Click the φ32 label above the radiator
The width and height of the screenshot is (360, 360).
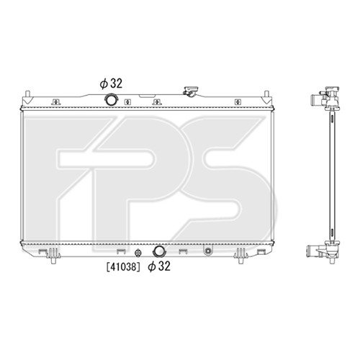[x=111, y=84]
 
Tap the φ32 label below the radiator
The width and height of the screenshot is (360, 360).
[x=159, y=266]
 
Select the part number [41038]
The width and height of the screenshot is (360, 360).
[x=123, y=266]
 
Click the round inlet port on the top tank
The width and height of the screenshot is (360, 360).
[x=111, y=100]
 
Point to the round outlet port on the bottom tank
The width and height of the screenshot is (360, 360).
[x=158, y=251]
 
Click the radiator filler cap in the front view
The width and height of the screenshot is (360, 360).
[x=190, y=91]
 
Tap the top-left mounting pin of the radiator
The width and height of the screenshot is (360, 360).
[x=27, y=94]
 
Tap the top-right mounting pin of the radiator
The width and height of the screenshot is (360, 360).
[x=266, y=94]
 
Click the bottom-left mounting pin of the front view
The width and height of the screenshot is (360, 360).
[x=53, y=260]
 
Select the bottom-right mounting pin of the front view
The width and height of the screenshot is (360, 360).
[x=240, y=260]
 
